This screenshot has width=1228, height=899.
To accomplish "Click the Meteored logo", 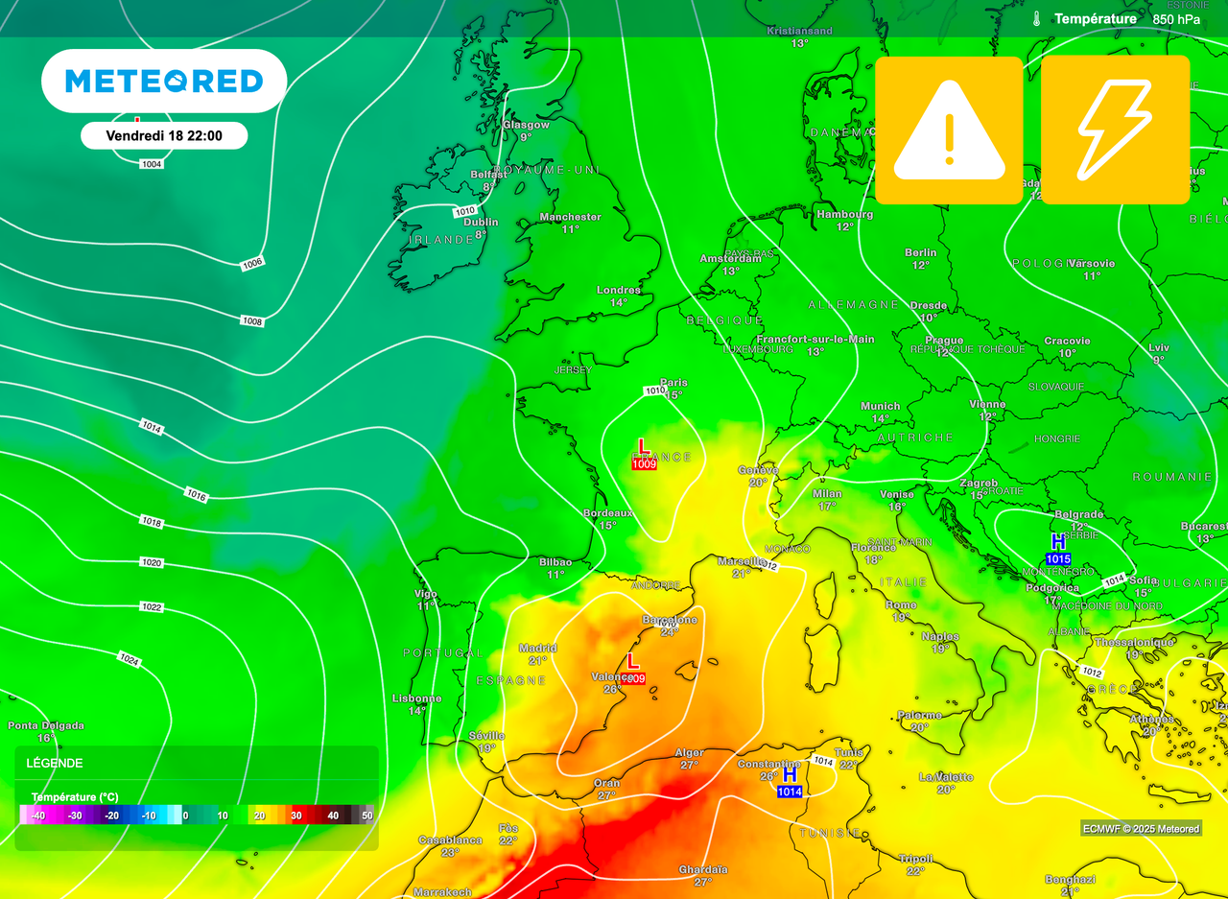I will coord(164,82).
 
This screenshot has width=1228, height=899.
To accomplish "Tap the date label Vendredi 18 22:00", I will coord(164,136).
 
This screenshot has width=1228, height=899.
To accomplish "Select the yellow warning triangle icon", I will coord(949,130).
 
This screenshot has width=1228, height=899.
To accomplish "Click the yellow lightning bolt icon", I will coord(1115,130).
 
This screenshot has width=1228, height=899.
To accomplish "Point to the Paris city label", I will coord(674,383).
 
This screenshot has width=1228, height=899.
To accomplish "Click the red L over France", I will coord(643,446).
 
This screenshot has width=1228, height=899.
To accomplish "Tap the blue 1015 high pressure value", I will coord(1058,558).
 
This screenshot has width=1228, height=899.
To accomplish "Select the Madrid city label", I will coord(537,648).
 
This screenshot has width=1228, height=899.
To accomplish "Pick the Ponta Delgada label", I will coord(46,725).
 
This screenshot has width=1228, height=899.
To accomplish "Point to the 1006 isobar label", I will coord(252,263).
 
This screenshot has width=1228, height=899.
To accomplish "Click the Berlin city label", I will coord(921,253).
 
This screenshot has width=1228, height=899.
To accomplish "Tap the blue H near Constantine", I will coord(790,773).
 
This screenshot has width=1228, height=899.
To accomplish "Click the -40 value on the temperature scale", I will coord(38,816).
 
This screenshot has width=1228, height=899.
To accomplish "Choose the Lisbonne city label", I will coord(417,698).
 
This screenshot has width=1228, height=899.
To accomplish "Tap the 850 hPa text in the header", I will coord(1176,19).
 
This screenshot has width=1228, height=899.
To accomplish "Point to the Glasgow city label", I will coord(527,125).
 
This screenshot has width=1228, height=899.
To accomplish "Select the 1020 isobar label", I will coord(151,562).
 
